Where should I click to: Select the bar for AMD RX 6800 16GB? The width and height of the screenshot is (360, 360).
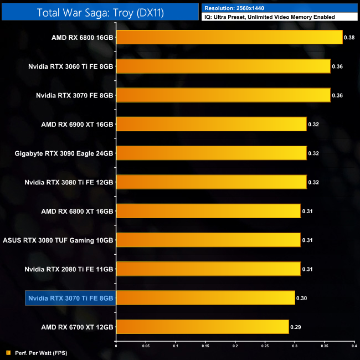[229, 38]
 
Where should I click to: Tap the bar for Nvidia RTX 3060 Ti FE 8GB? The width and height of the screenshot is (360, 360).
[223, 66]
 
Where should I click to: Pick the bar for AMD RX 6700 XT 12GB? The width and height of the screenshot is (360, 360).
[202, 327]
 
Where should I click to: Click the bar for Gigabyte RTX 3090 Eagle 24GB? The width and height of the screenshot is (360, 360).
[211, 153]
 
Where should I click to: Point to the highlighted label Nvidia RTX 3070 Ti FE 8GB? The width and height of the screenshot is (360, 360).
[70, 298]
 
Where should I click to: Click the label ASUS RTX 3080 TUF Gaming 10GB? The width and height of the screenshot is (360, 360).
[58, 240]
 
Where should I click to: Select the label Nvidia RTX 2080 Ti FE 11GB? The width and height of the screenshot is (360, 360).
[69, 269]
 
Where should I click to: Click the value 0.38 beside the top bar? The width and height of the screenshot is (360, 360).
[350, 38]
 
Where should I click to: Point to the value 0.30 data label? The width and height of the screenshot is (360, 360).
[302, 298]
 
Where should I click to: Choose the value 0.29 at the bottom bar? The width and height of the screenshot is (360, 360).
[296, 327]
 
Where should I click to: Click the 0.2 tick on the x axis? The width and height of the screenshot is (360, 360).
[235, 347]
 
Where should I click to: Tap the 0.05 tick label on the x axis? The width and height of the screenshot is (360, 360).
[146, 347]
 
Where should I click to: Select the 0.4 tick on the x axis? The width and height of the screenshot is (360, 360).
[353, 347]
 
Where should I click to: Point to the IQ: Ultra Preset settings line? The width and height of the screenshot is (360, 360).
[269, 17]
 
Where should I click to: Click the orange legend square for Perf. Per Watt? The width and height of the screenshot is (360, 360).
[7, 352]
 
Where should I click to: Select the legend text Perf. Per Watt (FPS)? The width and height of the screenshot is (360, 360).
[40, 352]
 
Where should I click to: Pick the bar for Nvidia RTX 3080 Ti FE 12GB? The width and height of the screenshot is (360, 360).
[211, 182]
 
